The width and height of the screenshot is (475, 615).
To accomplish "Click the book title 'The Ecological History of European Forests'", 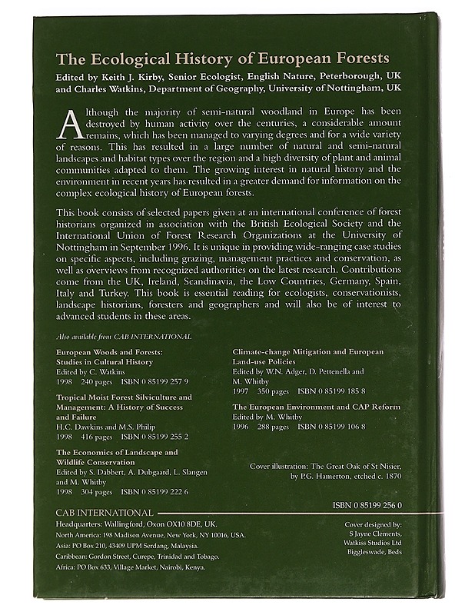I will coord(223,59).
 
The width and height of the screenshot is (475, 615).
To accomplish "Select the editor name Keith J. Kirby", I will coord(125,78).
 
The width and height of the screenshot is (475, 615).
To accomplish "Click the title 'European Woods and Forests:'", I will coord(105,351).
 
